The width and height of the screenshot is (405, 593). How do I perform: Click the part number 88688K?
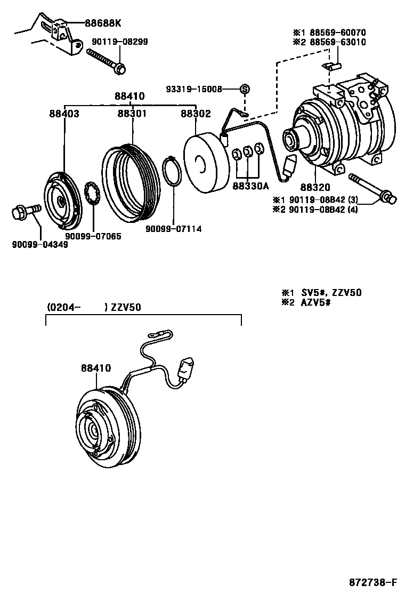[103, 23]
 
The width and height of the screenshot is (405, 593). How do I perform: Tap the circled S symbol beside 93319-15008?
[244, 89]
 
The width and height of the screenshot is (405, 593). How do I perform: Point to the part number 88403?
[64, 114]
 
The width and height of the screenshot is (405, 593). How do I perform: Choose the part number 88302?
[195, 114]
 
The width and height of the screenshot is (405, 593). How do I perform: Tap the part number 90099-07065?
[93, 236]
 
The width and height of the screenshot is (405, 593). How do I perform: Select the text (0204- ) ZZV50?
[93, 307]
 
